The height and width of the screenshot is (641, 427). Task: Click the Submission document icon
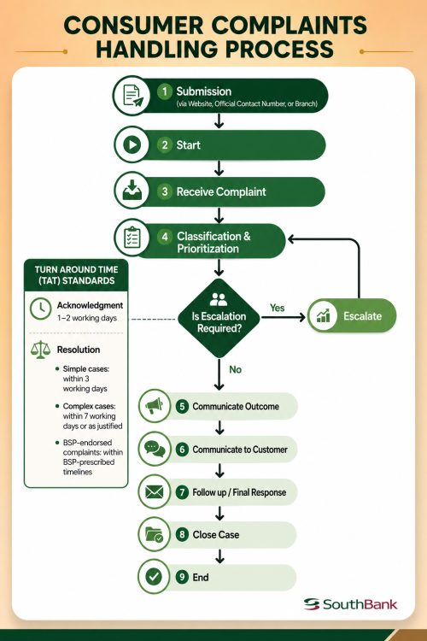click(x=133, y=96)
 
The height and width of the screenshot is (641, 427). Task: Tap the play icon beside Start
click(x=132, y=144)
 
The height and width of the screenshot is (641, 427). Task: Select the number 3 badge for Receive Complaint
click(x=165, y=191)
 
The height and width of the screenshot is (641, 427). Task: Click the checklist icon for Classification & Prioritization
click(x=132, y=237)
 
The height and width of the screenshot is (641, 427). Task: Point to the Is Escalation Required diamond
click(x=219, y=318)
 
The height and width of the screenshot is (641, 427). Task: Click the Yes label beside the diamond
click(x=277, y=308)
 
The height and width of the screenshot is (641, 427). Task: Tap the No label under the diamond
click(x=236, y=369)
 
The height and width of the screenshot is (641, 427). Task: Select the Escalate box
click(x=352, y=315)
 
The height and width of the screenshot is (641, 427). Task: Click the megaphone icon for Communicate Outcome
click(x=154, y=406)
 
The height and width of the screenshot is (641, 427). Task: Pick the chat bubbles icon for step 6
click(x=155, y=449)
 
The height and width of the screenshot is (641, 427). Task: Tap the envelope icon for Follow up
click(x=154, y=491)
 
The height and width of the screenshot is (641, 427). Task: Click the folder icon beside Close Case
click(x=154, y=535)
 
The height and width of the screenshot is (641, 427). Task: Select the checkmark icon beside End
click(x=154, y=577)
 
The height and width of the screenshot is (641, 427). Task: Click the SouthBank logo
click(x=351, y=604)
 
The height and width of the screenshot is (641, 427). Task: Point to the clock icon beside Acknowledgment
click(x=40, y=309)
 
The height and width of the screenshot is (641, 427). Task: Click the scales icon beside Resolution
click(x=40, y=350)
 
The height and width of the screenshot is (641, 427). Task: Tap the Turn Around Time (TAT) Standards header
click(x=76, y=275)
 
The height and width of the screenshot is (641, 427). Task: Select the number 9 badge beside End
click(x=182, y=577)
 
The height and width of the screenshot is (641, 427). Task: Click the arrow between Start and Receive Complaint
click(x=219, y=168)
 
